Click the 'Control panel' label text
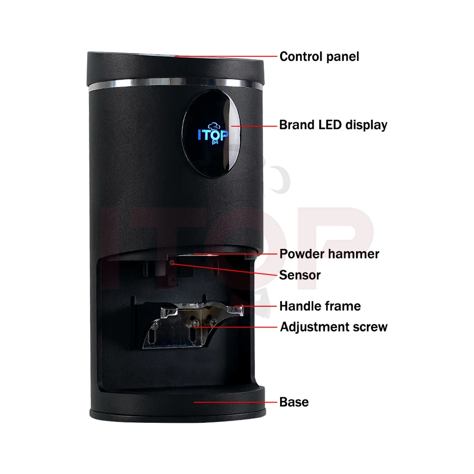pyautogui.click(x=319, y=57)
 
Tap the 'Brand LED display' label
pyautogui.click(x=333, y=125)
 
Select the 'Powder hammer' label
pyautogui.click(x=329, y=254)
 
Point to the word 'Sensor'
pyautogui.click(x=300, y=275)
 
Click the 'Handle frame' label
pyautogui.click(x=319, y=306)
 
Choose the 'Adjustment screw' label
pyautogui.click(x=333, y=327)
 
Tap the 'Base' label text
pyautogui.click(x=294, y=402)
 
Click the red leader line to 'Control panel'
pyautogui.click(x=228, y=56)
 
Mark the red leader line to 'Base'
pyautogui.click(x=237, y=402)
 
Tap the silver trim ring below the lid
pyautogui.click(x=175, y=85)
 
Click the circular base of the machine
pyautogui.click(x=175, y=403)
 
